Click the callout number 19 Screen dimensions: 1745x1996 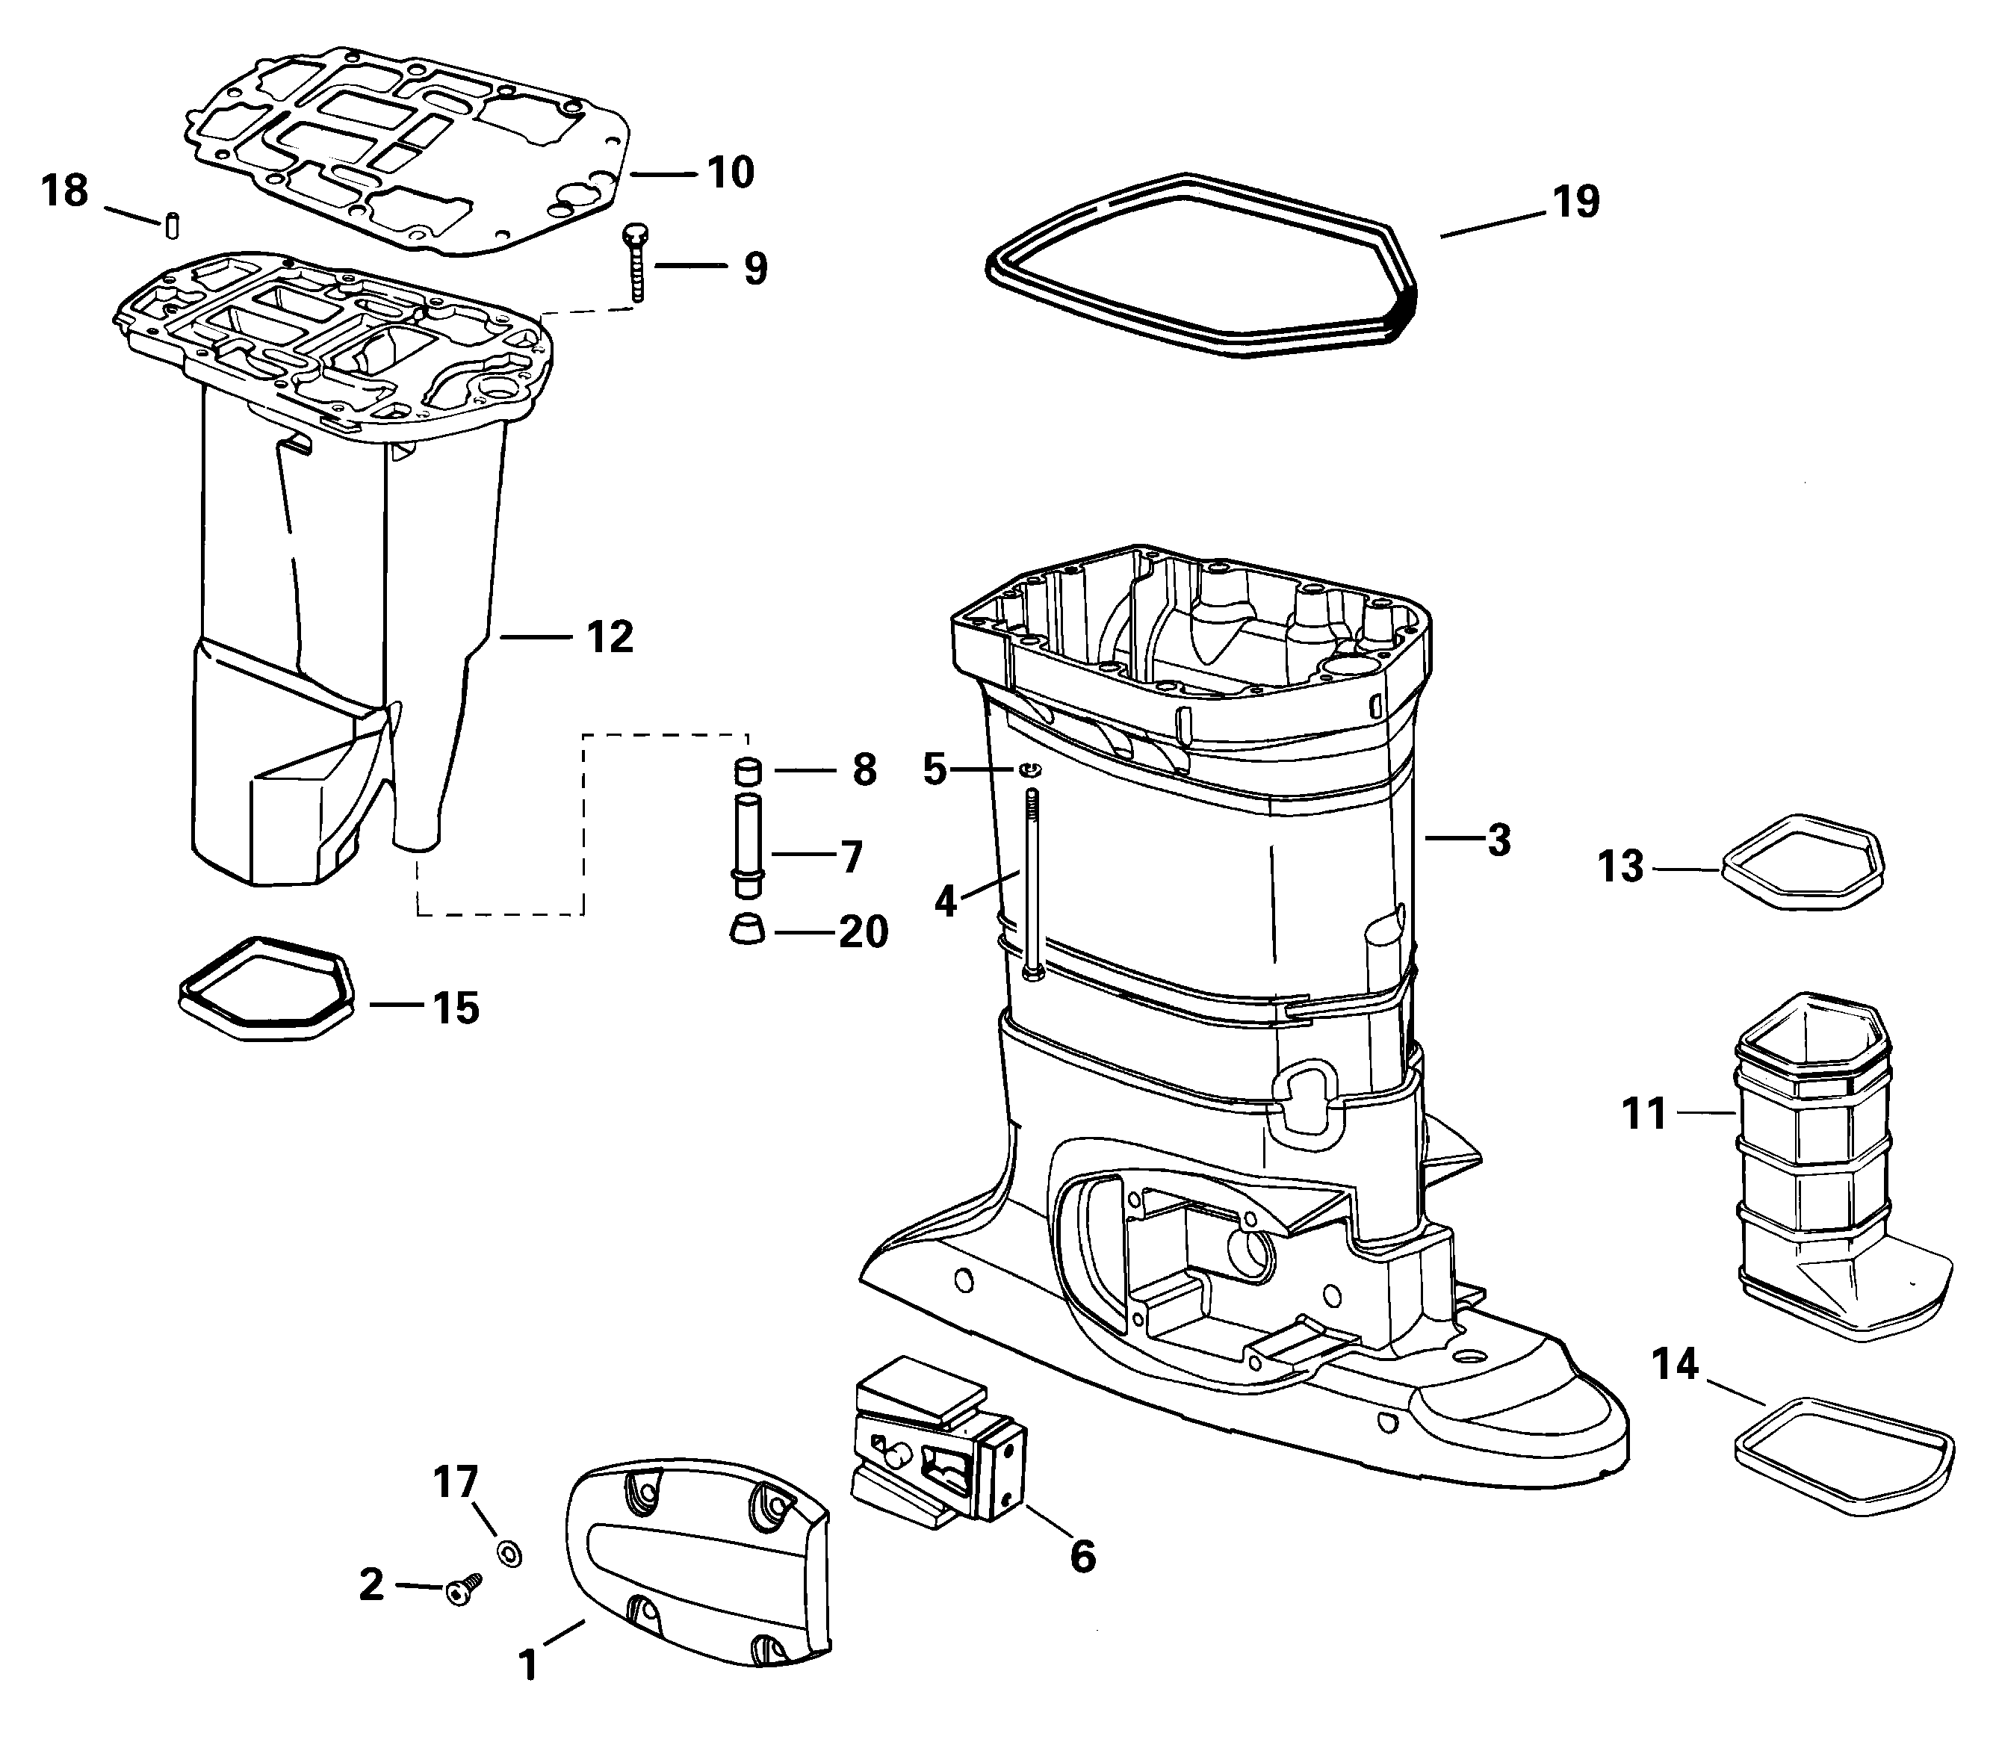(1575, 202)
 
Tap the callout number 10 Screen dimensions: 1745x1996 (731, 173)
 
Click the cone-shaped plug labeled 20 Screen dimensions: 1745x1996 (747, 929)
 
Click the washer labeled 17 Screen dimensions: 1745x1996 (507, 1552)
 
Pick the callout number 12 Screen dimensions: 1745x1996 (610, 637)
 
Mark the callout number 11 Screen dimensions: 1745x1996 (1644, 1113)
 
